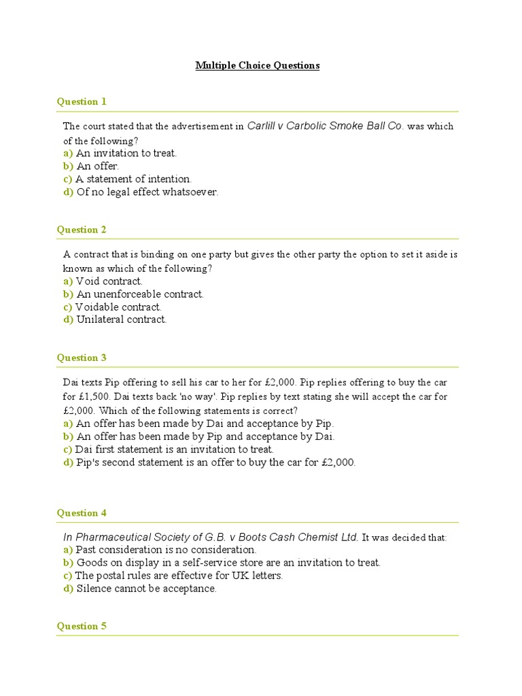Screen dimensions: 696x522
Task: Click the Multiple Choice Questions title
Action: tap(258, 66)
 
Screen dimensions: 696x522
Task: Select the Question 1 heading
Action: tap(82, 102)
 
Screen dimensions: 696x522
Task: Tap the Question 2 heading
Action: tap(82, 230)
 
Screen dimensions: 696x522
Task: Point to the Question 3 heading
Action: tap(82, 358)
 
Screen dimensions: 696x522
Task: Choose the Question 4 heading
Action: tap(82, 513)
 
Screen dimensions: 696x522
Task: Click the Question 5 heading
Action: tap(82, 627)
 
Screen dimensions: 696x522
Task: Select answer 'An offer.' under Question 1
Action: tap(97, 166)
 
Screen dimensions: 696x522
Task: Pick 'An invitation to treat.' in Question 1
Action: tap(126, 153)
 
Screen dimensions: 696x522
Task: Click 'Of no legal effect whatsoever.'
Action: tap(147, 192)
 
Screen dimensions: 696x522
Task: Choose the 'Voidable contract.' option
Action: tap(118, 307)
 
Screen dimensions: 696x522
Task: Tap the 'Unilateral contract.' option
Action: tap(121, 319)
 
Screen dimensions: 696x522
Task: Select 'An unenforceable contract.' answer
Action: tap(139, 294)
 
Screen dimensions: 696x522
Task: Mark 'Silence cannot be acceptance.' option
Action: tap(146, 589)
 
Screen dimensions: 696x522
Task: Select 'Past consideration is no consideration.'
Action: tap(166, 549)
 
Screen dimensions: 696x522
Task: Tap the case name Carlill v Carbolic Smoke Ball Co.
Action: tap(325, 126)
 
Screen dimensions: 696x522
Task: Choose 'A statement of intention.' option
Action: tap(133, 179)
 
